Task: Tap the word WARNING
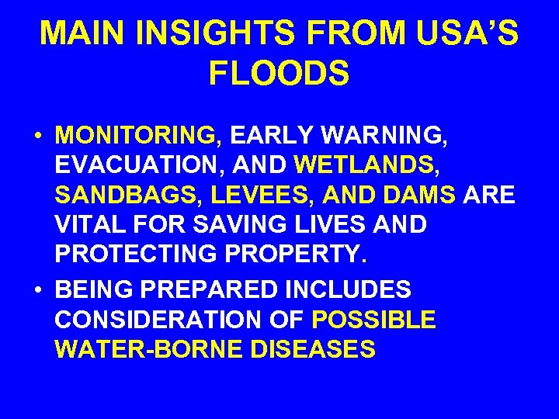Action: pos(383,136)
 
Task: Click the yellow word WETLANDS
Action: pos(365,165)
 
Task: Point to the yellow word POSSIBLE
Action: pos(373,320)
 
